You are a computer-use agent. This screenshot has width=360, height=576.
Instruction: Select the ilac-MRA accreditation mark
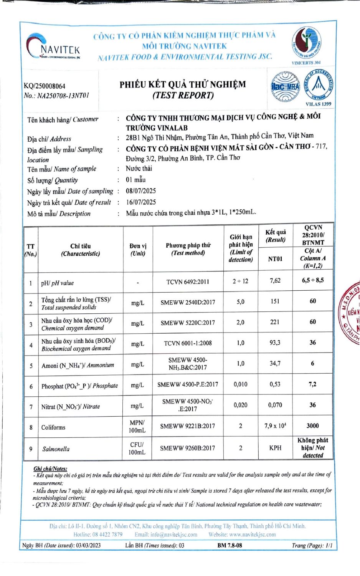285,87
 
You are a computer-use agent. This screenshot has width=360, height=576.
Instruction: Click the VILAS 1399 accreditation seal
318,86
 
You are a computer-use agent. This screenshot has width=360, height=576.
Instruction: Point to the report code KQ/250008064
45,86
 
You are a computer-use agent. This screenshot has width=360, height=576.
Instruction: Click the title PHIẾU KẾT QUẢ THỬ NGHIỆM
183,84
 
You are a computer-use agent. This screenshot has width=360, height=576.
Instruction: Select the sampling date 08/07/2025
141,191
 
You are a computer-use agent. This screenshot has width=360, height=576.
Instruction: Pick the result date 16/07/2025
141,202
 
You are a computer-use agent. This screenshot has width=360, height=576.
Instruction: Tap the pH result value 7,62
275,281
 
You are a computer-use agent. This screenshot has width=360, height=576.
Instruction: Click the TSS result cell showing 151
275,301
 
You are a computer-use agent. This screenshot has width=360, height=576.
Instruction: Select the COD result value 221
275,322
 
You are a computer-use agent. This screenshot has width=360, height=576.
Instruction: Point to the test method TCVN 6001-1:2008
188,343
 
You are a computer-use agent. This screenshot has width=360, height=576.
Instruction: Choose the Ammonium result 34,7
275,363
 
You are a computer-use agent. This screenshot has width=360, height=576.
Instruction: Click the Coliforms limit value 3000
313,425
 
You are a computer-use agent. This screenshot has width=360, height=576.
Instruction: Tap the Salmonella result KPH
275,448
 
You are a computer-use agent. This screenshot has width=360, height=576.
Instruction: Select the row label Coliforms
53,427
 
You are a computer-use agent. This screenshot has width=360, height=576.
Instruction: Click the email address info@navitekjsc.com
166,535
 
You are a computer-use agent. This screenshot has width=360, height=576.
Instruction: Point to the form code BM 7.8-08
230,545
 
